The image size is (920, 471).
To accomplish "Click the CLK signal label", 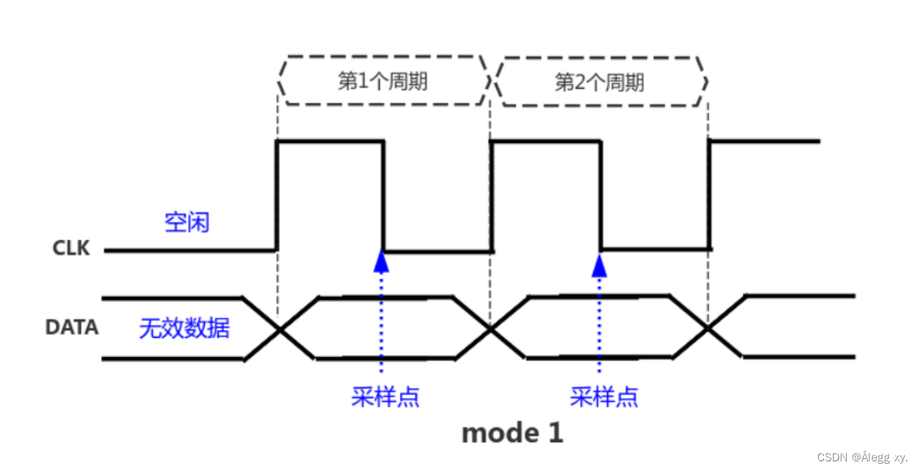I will tap(71, 249).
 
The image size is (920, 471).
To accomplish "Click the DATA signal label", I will tap(71, 327).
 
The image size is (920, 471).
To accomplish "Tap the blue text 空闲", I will tap(187, 222).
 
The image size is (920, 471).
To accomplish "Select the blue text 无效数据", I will tap(185, 328).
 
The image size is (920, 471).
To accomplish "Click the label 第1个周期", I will tap(382, 82).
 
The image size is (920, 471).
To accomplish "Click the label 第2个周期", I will tap(600, 82).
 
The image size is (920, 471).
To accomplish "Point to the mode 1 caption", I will tap(512, 433).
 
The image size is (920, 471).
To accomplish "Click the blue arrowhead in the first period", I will tap(382, 262).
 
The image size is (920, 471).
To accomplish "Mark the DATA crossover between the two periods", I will tap(490, 329).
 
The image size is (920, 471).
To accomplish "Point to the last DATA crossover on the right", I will tap(708, 329).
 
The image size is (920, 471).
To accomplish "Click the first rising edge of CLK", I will tap(277, 196).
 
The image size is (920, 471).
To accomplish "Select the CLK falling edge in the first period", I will tap(383, 196).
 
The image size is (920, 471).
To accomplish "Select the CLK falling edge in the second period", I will tap(600, 196).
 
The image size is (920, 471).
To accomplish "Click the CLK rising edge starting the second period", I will tap(491, 196).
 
